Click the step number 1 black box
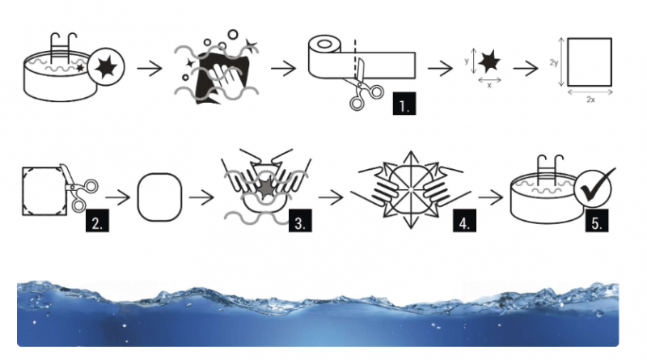404,104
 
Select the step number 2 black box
97,220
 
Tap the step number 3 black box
300,220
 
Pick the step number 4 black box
464,220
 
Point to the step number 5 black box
597,220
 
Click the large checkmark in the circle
596,185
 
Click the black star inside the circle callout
106,67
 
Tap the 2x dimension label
590,100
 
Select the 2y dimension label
554,63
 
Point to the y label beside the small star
467,61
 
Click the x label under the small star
489,86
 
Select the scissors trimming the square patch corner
78,188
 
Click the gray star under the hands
267,188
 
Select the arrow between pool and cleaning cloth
150,68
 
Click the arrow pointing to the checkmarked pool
491,197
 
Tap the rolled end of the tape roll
325,44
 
